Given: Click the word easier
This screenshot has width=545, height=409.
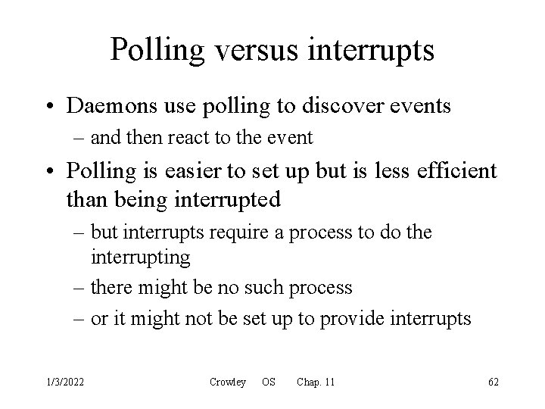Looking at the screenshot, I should (x=195, y=172).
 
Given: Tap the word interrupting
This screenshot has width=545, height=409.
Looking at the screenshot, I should (x=140, y=258).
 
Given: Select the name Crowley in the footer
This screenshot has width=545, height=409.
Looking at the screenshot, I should (x=227, y=382).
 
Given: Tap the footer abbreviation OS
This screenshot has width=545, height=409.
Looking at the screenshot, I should (x=268, y=382).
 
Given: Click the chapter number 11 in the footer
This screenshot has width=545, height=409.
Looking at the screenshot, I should (x=328, y=382).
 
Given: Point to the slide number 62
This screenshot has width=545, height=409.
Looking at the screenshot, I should (x=494, y=382).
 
